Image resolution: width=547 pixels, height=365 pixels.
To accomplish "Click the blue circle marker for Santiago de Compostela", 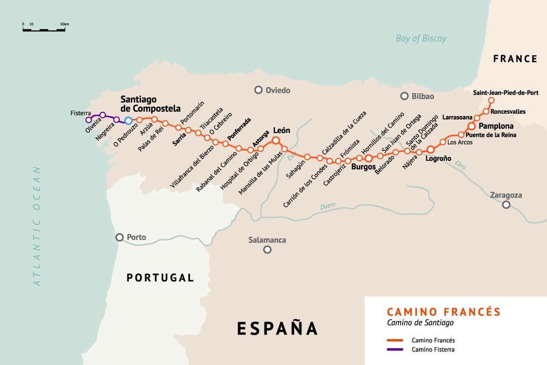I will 128,121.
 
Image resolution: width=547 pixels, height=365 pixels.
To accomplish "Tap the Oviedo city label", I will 277,91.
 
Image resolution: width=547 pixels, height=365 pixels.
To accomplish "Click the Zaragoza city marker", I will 506,205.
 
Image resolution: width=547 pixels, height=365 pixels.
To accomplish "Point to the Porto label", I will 136,238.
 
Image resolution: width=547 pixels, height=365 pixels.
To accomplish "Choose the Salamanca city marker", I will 268,249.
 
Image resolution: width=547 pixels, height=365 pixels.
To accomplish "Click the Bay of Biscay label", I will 421,39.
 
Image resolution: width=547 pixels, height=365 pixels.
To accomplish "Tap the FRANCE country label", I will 515,59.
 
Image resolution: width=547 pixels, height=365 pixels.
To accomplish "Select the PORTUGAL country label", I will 160,278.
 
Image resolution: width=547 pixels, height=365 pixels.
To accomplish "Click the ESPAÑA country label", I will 277,329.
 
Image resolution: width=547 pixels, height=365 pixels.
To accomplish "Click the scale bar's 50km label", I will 65,24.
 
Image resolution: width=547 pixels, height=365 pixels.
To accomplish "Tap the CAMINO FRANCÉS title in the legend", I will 444,312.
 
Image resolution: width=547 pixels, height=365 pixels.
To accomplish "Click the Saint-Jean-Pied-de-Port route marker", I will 491,101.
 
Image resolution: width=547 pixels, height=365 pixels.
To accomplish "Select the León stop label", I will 281,130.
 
